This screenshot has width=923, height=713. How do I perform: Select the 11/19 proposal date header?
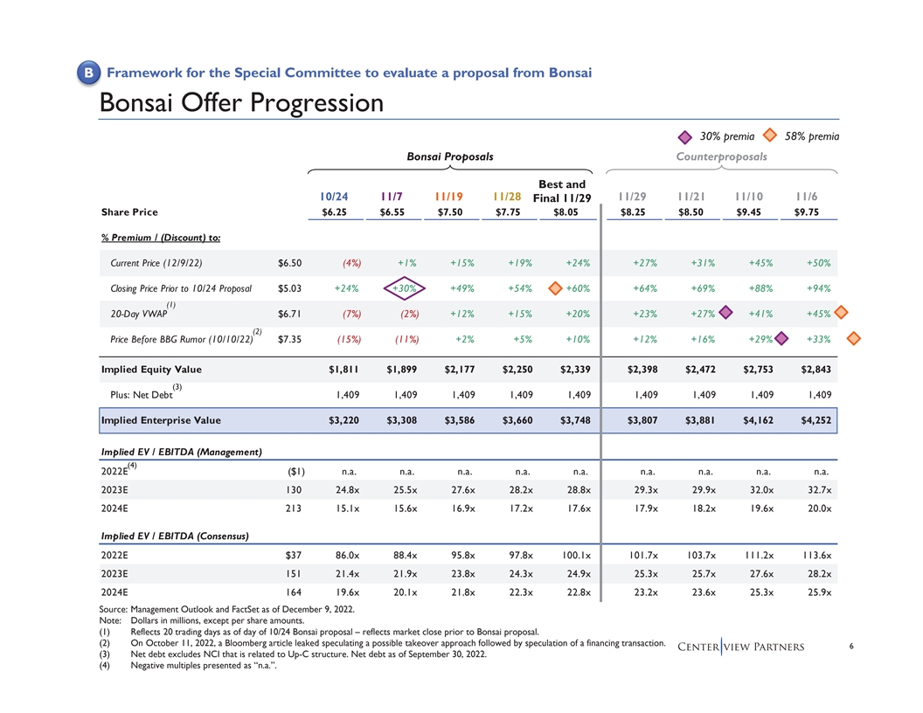coord(448,197)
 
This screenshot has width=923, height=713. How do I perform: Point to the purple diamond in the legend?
coord(687,135)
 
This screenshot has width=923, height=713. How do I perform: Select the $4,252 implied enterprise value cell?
coord(813,420)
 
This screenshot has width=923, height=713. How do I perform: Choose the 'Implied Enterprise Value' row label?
coord(161,420)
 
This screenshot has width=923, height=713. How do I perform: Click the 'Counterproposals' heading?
coord(721,156)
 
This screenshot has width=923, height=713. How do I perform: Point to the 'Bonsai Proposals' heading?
coord(450,156)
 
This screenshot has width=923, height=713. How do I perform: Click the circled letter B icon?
coord(89,73)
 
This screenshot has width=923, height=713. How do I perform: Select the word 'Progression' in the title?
coord(317,103)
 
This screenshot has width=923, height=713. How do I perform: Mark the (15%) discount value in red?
coord(350,339)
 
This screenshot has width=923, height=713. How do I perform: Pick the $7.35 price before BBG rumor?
coord(289,339)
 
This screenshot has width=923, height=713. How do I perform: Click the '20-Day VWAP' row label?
coord(138,313)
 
